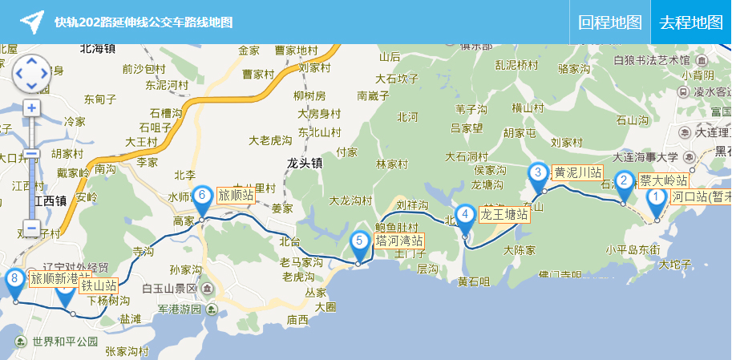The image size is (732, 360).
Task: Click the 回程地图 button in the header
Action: [x=610, y=22]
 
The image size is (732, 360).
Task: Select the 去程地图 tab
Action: [x=691, y=22]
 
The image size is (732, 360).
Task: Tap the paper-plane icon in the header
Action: [x=31, y=22]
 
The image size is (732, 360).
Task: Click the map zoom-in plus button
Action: [x=31, y=108]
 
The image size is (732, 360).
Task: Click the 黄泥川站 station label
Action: [x=577, y=172]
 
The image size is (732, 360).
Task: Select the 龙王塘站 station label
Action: [x=504, y=215]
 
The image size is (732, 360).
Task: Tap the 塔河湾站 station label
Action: [x=399, y=241]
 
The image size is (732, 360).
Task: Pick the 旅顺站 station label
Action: [x=236, y=195]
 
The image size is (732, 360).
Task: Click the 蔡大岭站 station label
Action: [x=663, y=180]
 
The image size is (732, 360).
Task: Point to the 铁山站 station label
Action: [x=99, y=285]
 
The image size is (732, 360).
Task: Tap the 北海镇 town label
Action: [x=98, y=49]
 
